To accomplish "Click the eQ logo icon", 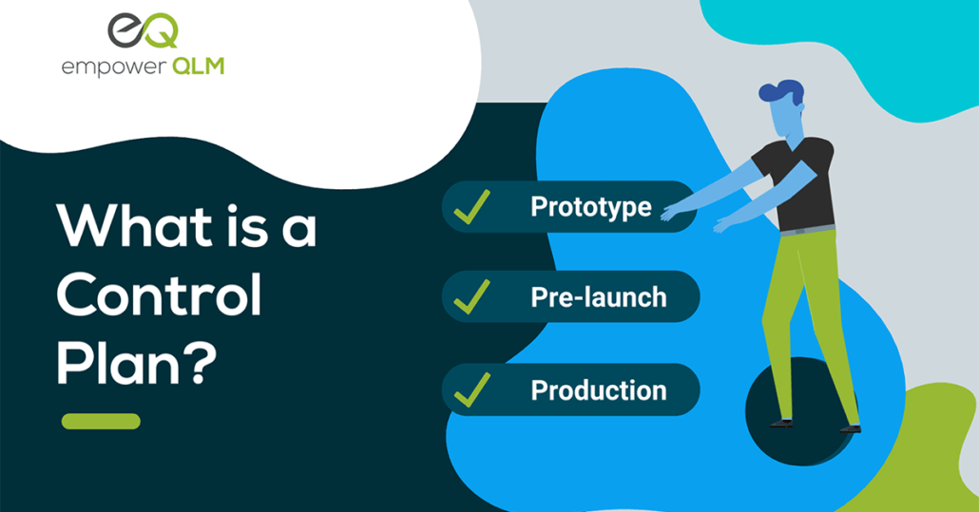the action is [143, 31].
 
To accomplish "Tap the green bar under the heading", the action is [101, 422].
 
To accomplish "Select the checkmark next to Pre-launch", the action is [472, 297].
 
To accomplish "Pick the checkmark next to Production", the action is [472, 389].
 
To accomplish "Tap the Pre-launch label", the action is [599, 297].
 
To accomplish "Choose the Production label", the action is [599, 390].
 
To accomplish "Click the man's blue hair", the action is [781, 92].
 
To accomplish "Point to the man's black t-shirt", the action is [799, 185].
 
